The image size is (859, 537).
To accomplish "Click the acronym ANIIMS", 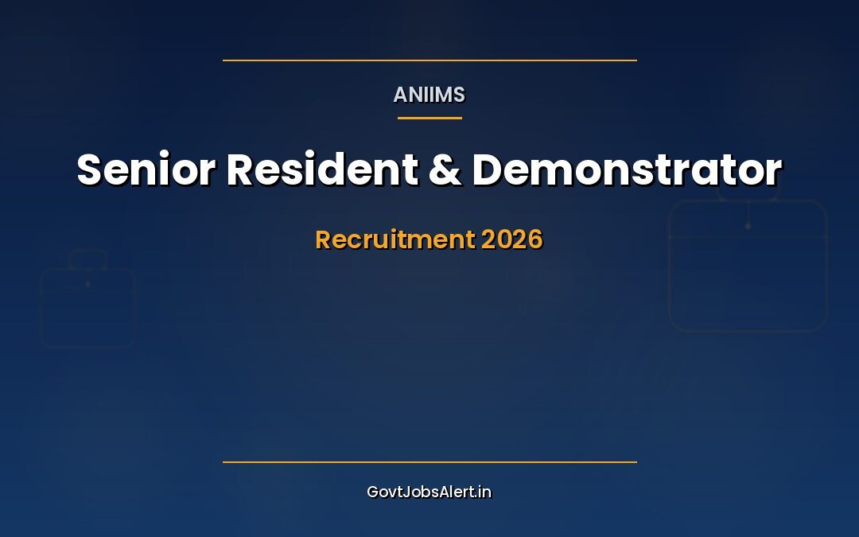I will pos(429,95).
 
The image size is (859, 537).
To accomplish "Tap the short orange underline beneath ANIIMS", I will pos(429,118).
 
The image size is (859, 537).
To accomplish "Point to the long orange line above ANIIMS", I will pos(429,60).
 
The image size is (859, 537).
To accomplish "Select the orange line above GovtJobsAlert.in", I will pos(429,461).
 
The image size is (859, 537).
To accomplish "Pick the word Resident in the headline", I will pos(321,169).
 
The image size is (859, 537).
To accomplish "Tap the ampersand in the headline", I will pos(445,170).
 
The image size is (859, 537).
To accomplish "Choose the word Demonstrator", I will pos(627,169).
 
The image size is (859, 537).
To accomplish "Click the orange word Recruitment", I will pos(395,239).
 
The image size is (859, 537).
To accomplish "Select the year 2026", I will pos(511,239).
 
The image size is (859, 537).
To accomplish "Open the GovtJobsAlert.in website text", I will pos(429,492).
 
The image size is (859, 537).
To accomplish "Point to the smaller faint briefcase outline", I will pos(87,307).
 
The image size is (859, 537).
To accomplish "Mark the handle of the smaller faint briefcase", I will pos(87,258).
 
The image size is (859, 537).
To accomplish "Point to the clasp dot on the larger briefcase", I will pos(748,226).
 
